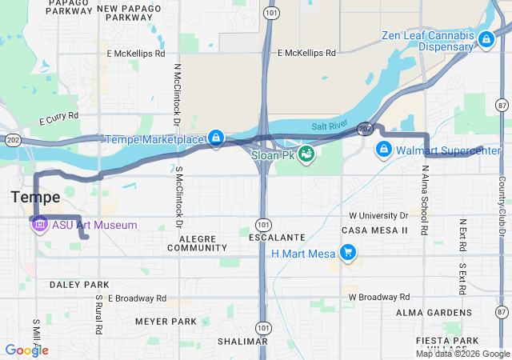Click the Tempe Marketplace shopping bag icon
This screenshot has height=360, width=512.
click(215, 139)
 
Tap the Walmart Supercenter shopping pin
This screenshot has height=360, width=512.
click(383, 150)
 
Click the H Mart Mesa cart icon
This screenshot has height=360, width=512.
click(347, 254)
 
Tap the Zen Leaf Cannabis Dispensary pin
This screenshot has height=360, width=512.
click(486, 38)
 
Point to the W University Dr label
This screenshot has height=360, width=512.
click(378, 216)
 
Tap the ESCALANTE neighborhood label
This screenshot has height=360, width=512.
click(276, 238)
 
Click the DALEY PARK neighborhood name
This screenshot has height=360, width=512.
click(78, 285)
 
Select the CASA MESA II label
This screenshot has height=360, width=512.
click(374, 230)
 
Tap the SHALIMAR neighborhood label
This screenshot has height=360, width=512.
click(242, 342)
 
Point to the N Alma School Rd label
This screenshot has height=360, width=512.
click(425, 200)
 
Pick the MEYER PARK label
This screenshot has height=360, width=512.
click(166, 322)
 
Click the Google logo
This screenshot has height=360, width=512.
click(26, 350)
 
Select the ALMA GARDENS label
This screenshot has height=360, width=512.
click(435, 313)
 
